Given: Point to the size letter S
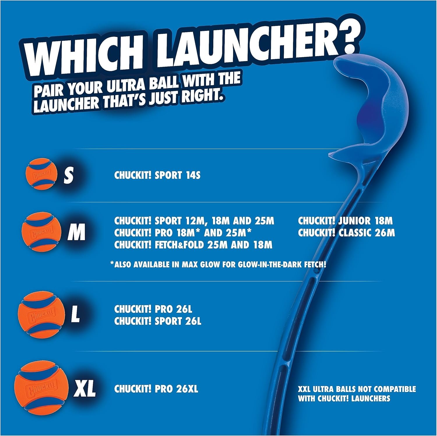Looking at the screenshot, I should click(69, 175).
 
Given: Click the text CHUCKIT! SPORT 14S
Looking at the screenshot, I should click(157, 175).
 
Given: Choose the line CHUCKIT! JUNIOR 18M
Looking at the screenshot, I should click(345, 221).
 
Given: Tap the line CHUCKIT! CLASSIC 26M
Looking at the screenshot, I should click(346, 233).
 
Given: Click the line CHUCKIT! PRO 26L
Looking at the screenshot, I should click(153, 309).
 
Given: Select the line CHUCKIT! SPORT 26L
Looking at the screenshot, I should click(158, 321).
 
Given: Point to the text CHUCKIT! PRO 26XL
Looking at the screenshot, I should click(156, 389).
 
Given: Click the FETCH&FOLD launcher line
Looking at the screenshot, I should click(193, 245).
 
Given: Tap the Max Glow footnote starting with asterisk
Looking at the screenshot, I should click(218, 265).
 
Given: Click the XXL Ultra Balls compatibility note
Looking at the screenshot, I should click(357, 394).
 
